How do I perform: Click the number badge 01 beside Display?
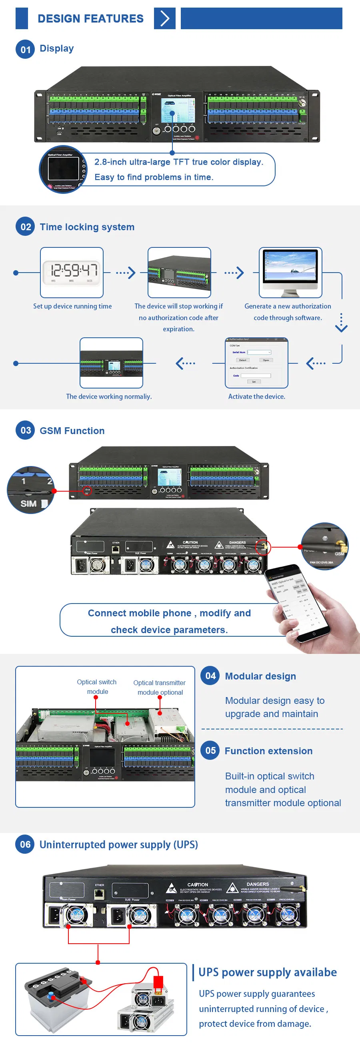tap(25, 50)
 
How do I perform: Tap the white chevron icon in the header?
tap(164, 18)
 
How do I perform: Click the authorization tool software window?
tap(256, 362)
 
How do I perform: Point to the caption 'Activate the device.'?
tap(256, 396)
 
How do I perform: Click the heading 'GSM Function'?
tap(72, 430)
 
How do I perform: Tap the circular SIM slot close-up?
tap(31, 490)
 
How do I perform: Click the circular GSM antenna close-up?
tap(325, 546)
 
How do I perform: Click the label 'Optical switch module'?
tap(97, 687)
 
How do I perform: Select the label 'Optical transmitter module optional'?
tap(160, 687)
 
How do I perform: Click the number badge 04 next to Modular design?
tap(210, 675)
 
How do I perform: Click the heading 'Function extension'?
tap(268, 751)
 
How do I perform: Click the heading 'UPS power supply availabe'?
tap(267, 972)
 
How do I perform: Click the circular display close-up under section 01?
tap(63, 169)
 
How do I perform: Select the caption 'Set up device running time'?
tap(72, 306)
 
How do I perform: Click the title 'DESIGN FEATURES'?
tap(90, 18)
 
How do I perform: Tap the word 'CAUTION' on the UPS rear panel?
tap(198, 884)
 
